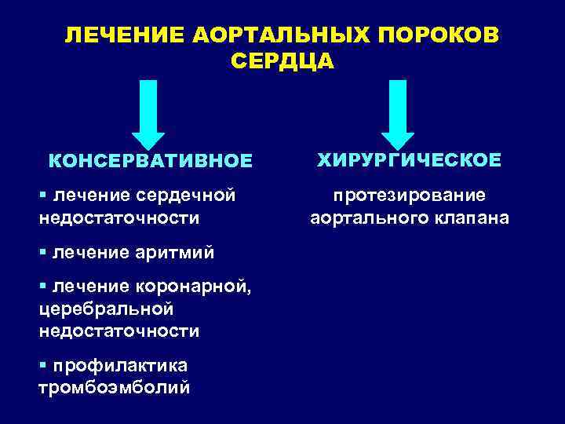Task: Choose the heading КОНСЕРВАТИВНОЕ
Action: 151,162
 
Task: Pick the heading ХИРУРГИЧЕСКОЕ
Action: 408,160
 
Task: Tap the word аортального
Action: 368,217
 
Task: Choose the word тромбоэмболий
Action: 113,388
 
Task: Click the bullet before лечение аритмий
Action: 42,253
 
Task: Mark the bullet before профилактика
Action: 42,366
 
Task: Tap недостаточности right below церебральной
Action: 118,331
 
